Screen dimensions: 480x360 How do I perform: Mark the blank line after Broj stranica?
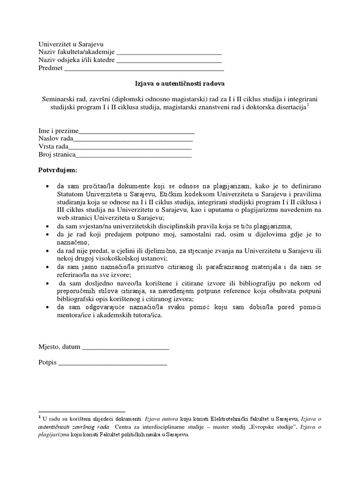[134, 157]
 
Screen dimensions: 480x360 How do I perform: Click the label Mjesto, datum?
[59, 347]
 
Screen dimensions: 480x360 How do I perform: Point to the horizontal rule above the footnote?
[82, 411]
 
